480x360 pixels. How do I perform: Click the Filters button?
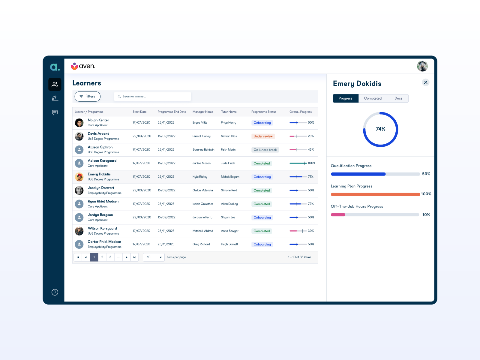pos(87,96)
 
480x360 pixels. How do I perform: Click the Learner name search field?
pos(152,96)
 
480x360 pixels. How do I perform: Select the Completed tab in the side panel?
pos(373,98)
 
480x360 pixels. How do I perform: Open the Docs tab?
pos(398,98)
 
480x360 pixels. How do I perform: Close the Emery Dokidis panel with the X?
pos(425,82)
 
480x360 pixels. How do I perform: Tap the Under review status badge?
pos(263,136)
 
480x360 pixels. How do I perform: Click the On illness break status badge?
pos(265,150)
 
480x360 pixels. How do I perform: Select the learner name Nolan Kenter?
pos(98,120)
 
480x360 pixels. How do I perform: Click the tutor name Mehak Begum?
pos(230,177)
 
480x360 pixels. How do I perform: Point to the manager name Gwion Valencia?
pos(203,190)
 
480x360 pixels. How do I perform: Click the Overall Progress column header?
pos(301,112)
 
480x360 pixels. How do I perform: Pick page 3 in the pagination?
pos(110,257)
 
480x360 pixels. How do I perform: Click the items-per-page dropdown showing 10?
pos(154,257)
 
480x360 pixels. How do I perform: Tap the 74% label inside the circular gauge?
pos(381,129)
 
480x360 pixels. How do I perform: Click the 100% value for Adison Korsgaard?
pos(312,163)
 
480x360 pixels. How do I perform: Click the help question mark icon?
pos(55,292)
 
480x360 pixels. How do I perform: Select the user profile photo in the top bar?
pos(422,66)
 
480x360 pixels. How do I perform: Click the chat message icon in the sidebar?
pos(55,112)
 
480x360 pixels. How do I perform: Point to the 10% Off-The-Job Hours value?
pos(426,215)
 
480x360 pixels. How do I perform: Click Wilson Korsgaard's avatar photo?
pos(79,231)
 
